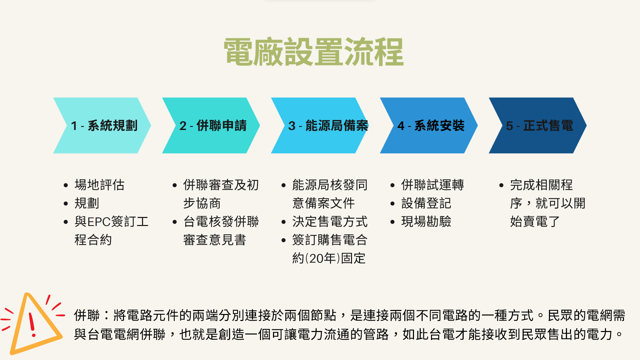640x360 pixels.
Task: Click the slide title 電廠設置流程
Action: click(314, 52)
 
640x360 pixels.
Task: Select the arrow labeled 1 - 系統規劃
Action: click(102, 125)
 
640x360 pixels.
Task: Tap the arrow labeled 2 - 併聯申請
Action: click(211, 125)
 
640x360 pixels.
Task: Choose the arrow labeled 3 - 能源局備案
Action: click(320, 125)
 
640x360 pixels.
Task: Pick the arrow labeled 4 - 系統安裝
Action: click(429, 125)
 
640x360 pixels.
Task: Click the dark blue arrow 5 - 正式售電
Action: click(538, 125)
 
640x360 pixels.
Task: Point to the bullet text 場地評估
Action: click(100, 185)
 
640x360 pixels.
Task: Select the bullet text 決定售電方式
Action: click(330, 221)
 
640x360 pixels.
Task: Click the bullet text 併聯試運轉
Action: click(433, 185)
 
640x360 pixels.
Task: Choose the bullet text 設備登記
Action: click(426, 203)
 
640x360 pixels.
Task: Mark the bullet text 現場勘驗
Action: click(426, 221)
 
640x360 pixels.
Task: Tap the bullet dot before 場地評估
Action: click(66, 185)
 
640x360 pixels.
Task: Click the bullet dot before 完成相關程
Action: click(501, 185)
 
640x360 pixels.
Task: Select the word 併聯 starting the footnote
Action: click(87, 315)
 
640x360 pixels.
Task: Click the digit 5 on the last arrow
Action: click(509, 126)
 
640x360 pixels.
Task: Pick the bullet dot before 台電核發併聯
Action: click(175, 222)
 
